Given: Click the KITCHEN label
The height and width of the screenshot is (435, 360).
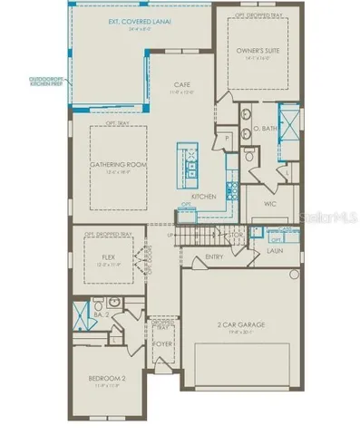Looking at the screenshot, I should (x=200, y=196).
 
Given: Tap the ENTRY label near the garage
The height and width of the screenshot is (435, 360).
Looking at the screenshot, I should (x=215, y=256).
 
